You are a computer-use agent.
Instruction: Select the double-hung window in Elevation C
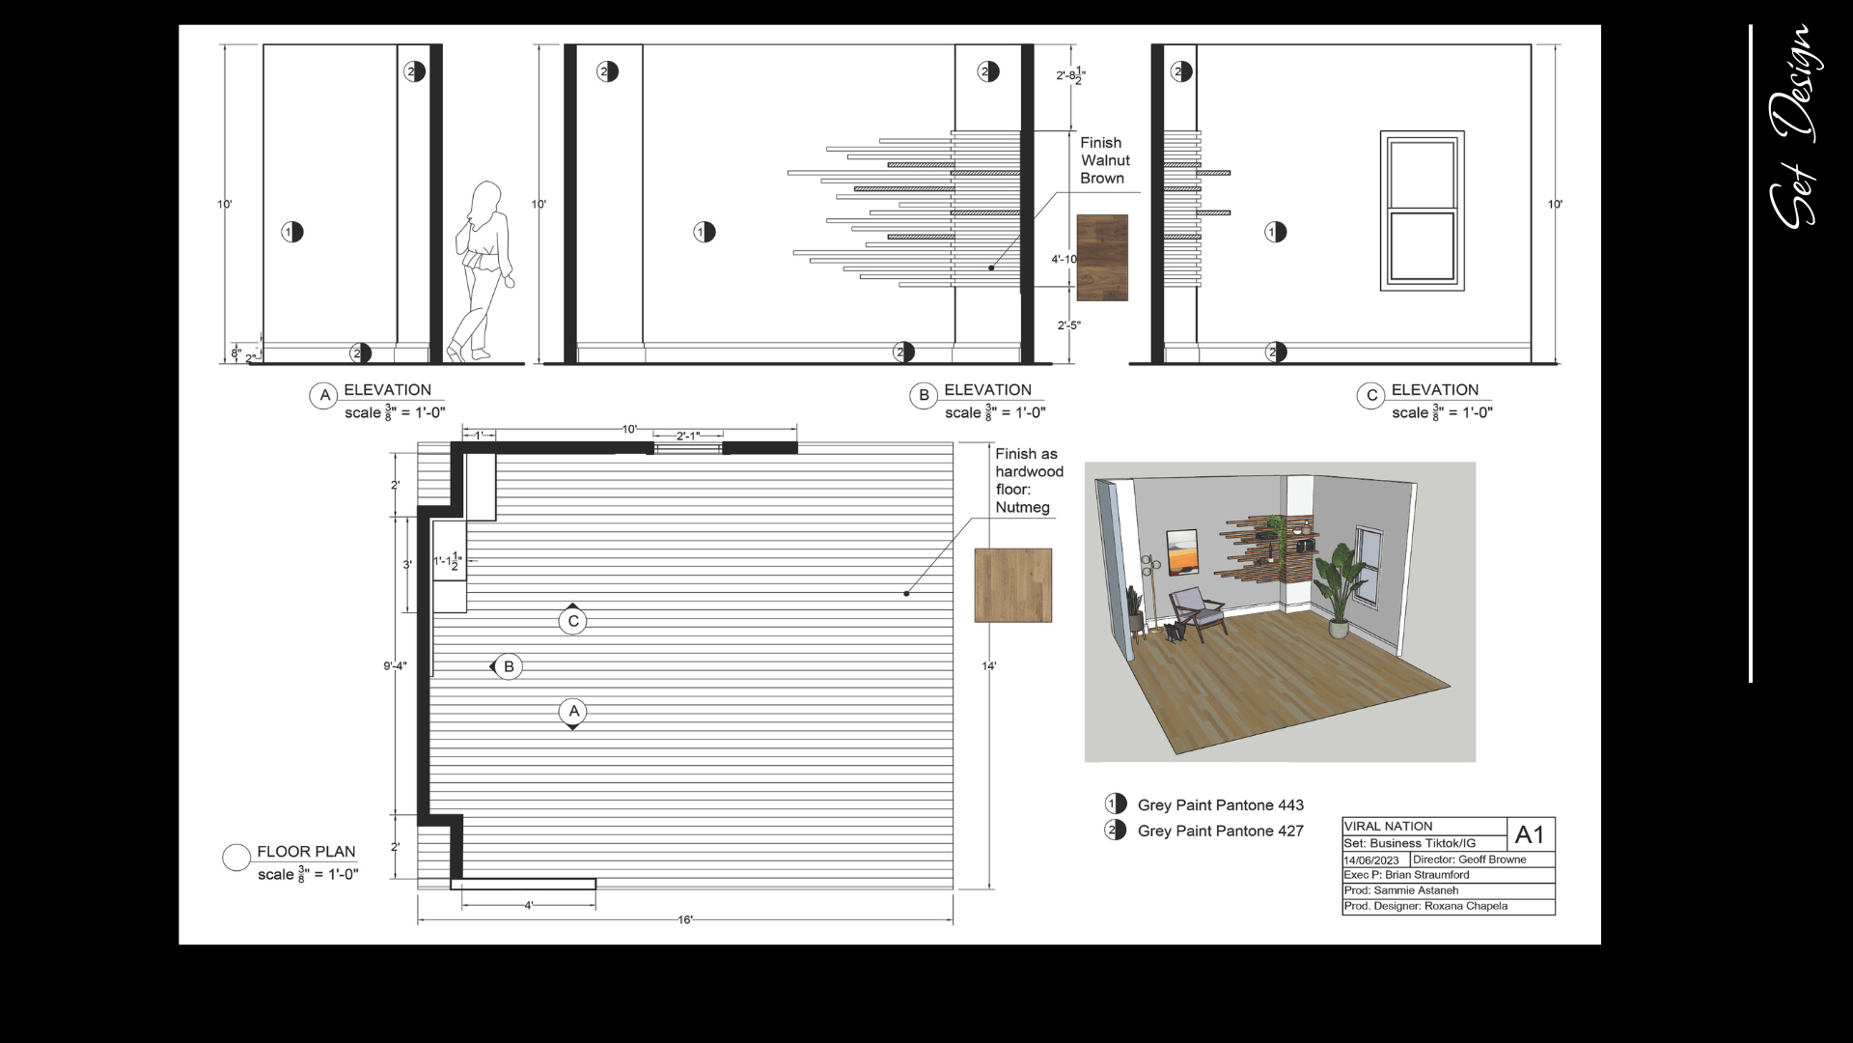point(1422,211)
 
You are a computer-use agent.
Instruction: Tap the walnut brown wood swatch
point(1102,257)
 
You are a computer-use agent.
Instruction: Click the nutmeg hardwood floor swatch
point(1012,585)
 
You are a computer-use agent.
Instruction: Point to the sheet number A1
point(1530,834)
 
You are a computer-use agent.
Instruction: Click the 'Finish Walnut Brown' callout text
point(1105,160)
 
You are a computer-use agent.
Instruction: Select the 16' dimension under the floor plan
point(685,920)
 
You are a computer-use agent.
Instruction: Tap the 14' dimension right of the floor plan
point(989,666)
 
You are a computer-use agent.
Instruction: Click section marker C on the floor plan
point(573,619)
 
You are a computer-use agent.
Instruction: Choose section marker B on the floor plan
point(507,666)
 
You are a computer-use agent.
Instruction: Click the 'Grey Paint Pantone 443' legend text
point(1220,805)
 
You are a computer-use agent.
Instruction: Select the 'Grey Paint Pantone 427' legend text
point(1220,832)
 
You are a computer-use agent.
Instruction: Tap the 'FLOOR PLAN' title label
point(306,852)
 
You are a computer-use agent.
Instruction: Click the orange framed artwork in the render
point(1181,552)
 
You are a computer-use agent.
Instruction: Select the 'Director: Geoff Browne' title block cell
point(1470,860)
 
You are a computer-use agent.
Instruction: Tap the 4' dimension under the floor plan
point(529,906)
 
